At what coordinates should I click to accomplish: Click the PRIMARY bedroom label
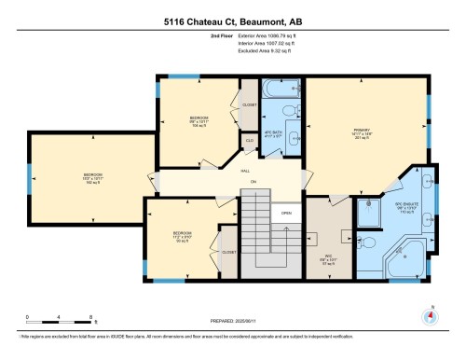(x=363, y=132)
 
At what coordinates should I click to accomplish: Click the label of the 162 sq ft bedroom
(x=93, y=177)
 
